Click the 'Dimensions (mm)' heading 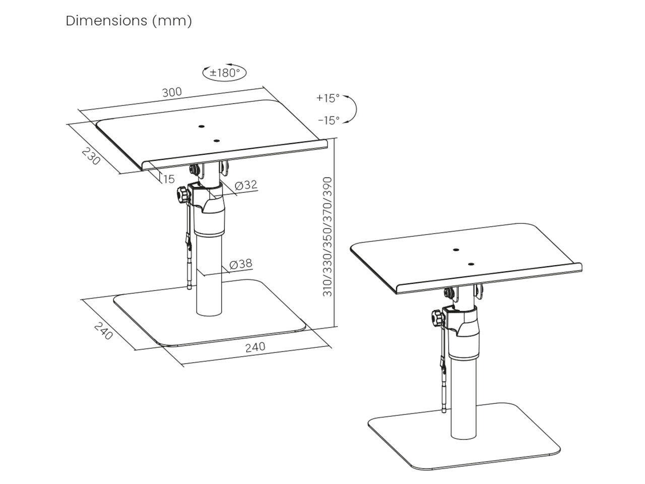[x=128, y=21]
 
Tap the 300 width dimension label [x=172, y=92]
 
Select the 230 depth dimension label [x=91, y=156]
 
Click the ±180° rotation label [x=225, y=73]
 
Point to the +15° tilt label [x=328, y=98]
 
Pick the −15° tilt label [x=329, y=120]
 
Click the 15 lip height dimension [x=169, y=178]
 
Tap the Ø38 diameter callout [x=241, y=264]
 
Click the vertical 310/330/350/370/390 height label [x=328, y=236]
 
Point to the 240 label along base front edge [x=255, y=347]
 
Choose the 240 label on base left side [x=103, y=330]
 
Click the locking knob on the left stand [x=182, y=195]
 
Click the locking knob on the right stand [x=437, y=319]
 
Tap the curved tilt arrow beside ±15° [x=353, y=108]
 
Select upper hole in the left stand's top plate [x=201, y=127]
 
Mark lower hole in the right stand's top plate [x=471, y=264]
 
